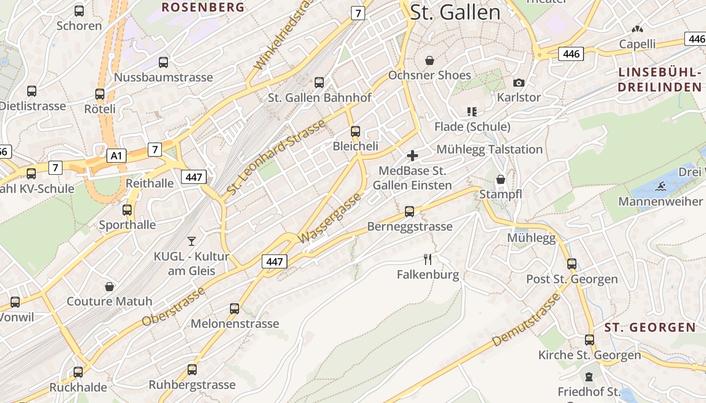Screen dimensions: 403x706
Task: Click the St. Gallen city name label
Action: pyautogui.click(x=455, y=13)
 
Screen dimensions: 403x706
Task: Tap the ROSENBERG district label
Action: pyautogui.click(x=203, y=7)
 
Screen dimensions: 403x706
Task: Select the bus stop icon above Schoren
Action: pyautogui.click(x=79, y=11)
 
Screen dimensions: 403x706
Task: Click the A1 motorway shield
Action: pyautogui.click(x=116, y=156)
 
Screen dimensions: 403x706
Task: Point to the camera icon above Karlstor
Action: pyautogui.click(x=518, y=83)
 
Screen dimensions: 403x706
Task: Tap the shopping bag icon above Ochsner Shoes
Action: pyautogui.click(x=430, y=60)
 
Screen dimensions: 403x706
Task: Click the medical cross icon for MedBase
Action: pyautogui.click(x=413, y=156)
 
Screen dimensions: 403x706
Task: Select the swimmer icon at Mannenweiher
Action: pyautogui.click(x=660, y=187)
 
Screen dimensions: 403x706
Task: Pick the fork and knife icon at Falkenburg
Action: pyautogui.click(x=428, y=259)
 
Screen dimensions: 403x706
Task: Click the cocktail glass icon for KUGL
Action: pyautogui.click(x=192, y=241)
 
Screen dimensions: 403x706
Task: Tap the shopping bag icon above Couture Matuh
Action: pyautogui.click(x=109, y=287)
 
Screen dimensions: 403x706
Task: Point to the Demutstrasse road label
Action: pyautogui.click(x=526, y=319)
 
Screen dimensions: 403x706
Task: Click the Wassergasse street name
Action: pyautogui.click(x=330, y=218)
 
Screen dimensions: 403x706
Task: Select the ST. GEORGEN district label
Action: pyautogui.click(x=650, y=327)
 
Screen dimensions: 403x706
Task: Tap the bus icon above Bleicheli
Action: pyautogui.click(x=356, y=131)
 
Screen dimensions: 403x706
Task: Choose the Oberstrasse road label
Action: pyautogui.click(x=173, y=306)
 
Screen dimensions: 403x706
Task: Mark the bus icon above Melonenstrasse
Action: pyautogui.click(x=234, y=308)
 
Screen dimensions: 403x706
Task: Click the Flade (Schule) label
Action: pyautogui.click(x=472, y=126)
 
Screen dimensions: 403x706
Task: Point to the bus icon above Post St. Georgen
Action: pyautogui.click(x=572, y=264)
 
